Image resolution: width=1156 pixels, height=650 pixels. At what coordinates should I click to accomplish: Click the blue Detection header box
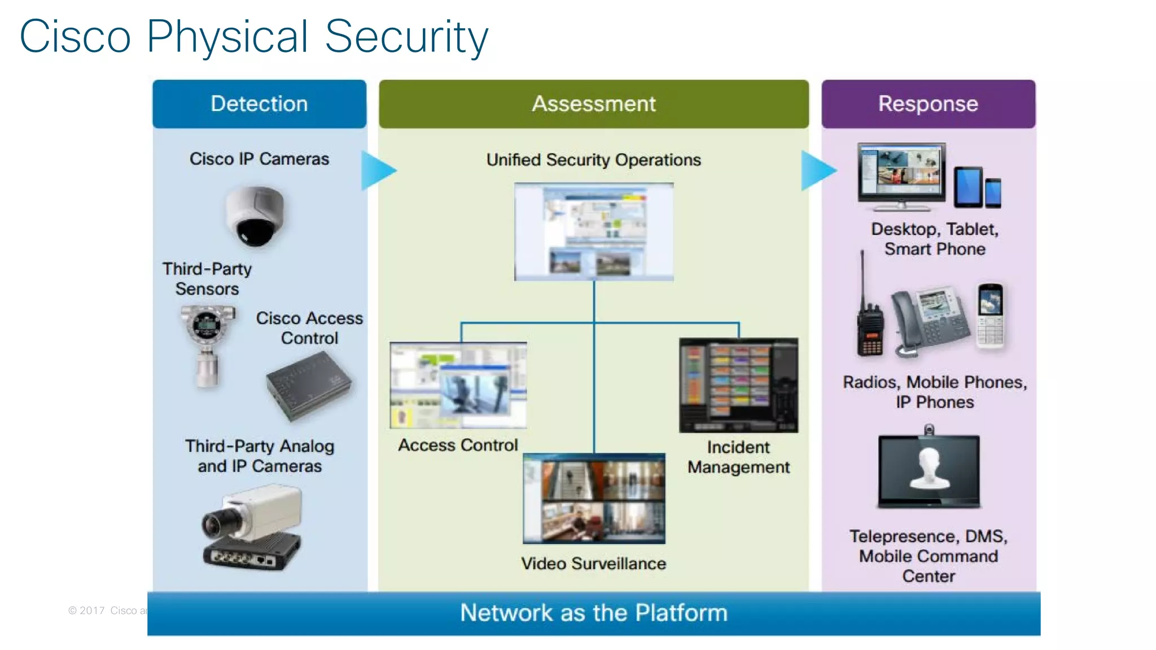tap(259, 104)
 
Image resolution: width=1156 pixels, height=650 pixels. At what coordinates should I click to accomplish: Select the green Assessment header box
tap(593, 104)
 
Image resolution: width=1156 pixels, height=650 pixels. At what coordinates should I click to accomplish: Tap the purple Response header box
tap(928, 104)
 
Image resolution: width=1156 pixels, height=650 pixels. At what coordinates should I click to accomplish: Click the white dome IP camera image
tap(255, 216)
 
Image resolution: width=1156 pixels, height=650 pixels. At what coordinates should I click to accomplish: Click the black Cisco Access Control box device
tap(309, 386)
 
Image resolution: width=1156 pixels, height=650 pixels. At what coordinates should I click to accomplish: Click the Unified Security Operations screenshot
tap(593, 232)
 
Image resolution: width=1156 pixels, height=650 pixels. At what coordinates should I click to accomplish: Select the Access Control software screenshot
tap(458, 385)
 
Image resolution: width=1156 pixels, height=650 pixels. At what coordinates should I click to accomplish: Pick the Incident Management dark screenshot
tap(738, 385)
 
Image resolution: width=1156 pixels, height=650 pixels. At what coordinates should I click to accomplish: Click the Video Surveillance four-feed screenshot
tap(594, 499)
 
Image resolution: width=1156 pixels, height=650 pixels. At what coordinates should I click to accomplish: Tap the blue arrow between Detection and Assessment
tap(378, 170)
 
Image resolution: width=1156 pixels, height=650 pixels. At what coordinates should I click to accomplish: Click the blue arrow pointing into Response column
tap(817, 170)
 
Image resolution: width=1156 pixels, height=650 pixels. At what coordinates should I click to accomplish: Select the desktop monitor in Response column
tap(901, 175)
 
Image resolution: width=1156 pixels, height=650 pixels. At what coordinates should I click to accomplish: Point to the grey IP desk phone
tap(929, 322)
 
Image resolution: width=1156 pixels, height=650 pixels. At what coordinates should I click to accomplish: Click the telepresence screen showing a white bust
tap(929, 470)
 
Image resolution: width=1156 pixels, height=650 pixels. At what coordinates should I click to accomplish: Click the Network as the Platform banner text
tap(593, 613)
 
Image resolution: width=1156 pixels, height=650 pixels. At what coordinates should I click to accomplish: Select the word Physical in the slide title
tap(227, 37)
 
